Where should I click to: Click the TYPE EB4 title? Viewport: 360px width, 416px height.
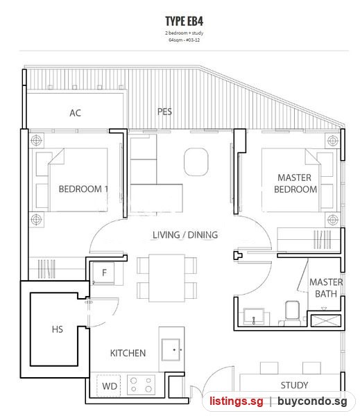tap(184, 21)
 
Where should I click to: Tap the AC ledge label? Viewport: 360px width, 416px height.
tap(75, 113)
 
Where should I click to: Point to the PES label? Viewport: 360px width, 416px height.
tap(164, 112)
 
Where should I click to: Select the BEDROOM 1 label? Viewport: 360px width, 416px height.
tap(83, 189)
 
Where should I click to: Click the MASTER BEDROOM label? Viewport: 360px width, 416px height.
tap(295, 183)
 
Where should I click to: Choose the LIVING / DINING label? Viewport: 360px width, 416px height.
tap(185, 235)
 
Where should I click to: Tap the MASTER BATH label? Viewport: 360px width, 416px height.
tap(326, 288)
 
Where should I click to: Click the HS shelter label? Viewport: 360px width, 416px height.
tap(58, 329)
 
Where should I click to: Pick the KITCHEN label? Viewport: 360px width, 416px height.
tap(128, 353)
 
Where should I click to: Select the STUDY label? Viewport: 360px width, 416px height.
tap(294, 385)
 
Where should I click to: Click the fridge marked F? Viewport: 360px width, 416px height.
tap(104, 273)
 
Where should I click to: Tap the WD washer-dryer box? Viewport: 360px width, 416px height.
tap(109, 385)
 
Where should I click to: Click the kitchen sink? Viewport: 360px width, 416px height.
tap(171, 349)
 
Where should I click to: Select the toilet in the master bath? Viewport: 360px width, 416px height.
tap(292, 312)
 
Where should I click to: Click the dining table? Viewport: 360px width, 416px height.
tap(166, 278)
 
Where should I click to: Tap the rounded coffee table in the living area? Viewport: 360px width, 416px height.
tap(196, 162)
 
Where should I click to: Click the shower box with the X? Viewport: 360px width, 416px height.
tap(326, 320)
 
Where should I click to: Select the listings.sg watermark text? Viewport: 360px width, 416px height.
tap(237, 401)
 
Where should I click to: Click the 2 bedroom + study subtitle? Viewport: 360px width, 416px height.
tap(184, 33)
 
